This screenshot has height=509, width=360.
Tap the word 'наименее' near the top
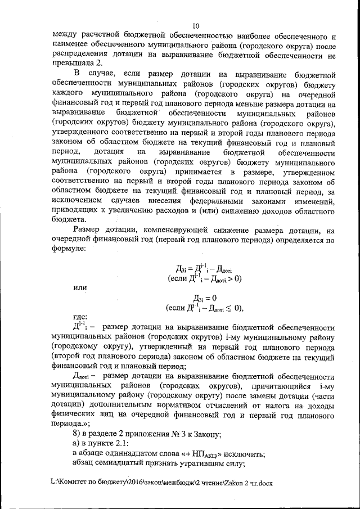tap(69, 45)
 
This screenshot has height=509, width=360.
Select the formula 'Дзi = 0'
tap(205, 298)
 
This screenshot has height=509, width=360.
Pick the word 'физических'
tap(75, 414)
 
